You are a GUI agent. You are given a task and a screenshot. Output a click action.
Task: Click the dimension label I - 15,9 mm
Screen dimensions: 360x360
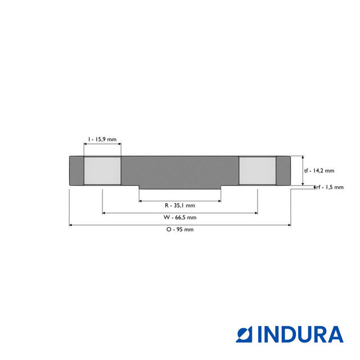click(102, 138)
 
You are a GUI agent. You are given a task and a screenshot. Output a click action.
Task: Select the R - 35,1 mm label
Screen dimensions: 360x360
click(179, 205)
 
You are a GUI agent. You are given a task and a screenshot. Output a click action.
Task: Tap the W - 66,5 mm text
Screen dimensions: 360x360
click(179, 217)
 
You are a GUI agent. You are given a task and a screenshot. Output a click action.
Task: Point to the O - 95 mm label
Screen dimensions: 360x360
click(179, 229)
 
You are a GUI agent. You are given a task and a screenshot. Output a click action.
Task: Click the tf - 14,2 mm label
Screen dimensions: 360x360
click(319, 170)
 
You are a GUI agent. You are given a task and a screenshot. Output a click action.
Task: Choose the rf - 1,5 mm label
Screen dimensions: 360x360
click(330, 187)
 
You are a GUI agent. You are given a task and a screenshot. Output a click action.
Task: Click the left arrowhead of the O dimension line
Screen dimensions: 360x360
click(71, 225)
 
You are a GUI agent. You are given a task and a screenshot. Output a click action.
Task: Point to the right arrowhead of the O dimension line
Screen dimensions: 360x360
click(289, 225)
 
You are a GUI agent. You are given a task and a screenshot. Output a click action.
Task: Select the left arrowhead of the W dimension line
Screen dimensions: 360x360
click(105, 213)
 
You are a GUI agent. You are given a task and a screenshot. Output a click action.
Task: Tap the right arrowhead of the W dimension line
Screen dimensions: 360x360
click(255, 213)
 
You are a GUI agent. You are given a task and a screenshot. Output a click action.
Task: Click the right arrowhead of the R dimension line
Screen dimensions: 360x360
click(218, 201)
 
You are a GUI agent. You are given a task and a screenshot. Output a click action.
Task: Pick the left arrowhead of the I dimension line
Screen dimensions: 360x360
click(85, 143)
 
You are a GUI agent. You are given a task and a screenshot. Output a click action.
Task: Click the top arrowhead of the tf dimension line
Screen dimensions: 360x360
click(303, 157)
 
